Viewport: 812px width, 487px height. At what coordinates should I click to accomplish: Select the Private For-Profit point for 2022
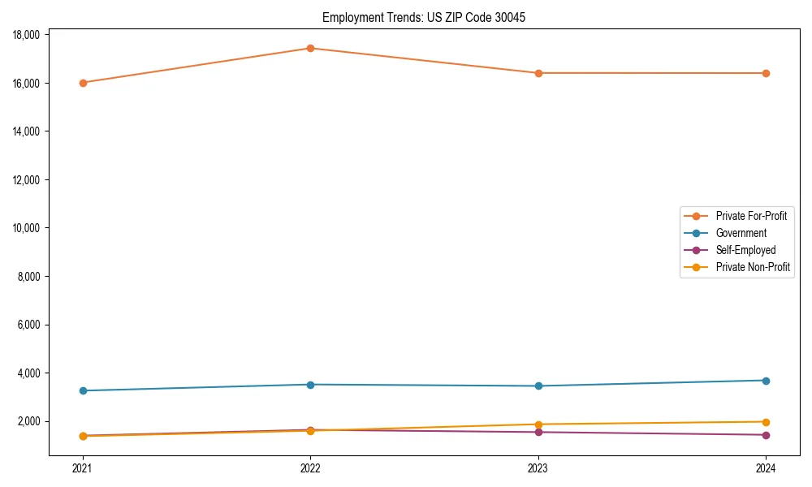(310, 48)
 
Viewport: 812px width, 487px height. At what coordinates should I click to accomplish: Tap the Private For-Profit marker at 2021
(83, 83)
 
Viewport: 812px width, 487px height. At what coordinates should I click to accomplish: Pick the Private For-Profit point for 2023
(538, 73)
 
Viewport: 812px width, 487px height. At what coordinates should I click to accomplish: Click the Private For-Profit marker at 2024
(766, 73)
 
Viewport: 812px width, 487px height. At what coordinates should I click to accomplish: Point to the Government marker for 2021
(83, 390)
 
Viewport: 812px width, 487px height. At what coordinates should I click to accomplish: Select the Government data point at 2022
(310, 385)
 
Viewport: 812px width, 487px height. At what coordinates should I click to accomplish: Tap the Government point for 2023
(538, 386)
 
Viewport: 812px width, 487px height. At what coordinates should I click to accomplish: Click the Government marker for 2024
(766, 381)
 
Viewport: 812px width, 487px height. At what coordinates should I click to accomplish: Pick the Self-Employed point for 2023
(538, 432)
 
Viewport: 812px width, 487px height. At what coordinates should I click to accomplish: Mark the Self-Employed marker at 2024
(766, 435)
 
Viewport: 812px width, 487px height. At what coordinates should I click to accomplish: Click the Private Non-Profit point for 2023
(538, 425)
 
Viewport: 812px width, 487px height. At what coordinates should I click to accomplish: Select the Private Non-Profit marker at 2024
(766, 422)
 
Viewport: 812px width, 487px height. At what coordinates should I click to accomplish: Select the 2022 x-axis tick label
(310, 468)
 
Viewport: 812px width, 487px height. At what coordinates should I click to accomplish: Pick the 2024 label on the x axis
(766, 468)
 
